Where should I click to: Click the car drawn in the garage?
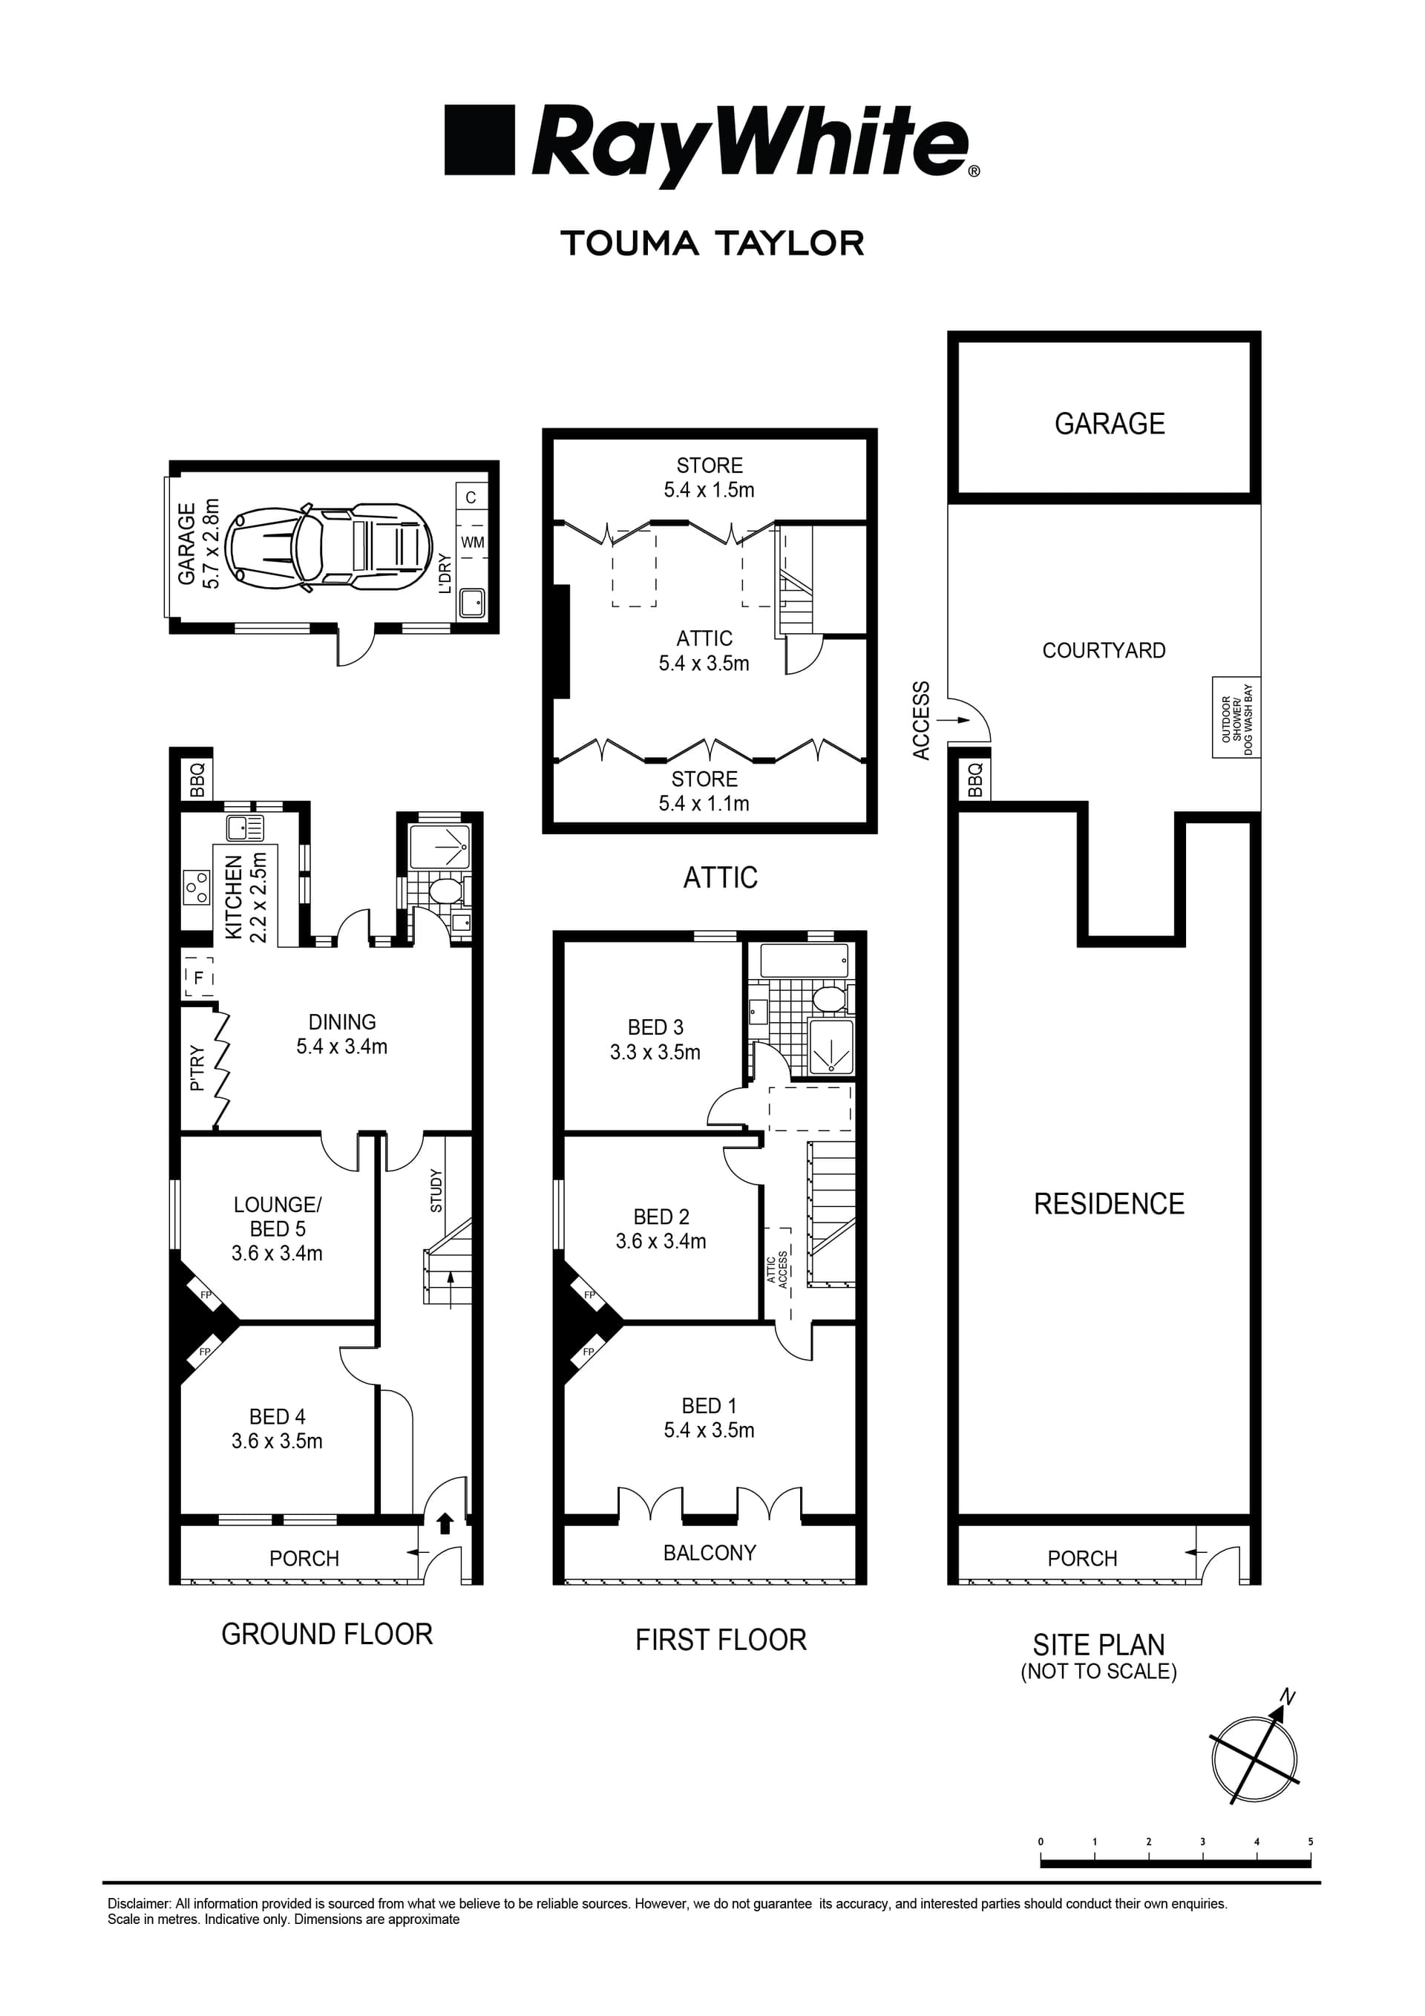tap(330, 546)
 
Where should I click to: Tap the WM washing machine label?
tap(472, 543)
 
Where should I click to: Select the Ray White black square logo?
tap(479, 140)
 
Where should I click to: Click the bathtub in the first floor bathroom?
tap(805, 960)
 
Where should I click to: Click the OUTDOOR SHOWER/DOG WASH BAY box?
tap(1236, 719)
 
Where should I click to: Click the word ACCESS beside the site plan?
tap(920, 721)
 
